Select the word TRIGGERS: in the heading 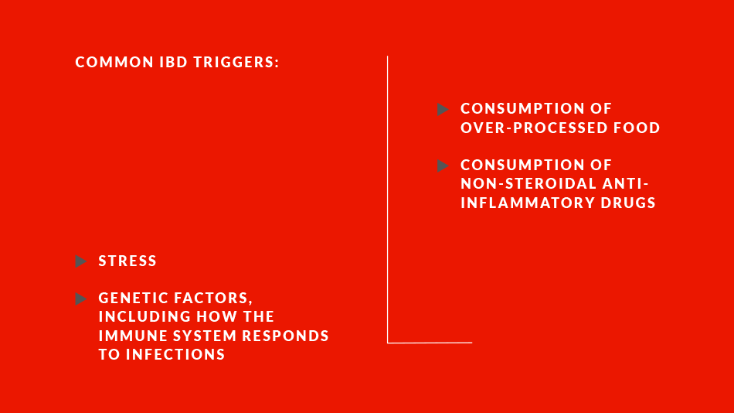click(236, 63)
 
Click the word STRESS click(127, 261)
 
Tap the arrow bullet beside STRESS click(81, 261)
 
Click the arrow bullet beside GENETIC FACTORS click(81, 299)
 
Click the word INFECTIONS click(175, 354)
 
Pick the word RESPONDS click(286, 336)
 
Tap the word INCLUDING click(145, 317)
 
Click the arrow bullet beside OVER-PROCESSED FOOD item click(443, 109)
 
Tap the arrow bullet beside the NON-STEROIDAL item click(443, 166)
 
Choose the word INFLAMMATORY click(521, 203)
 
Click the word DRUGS click(622, 203)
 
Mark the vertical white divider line click(388, 200)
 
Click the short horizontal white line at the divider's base click(430, 343)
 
